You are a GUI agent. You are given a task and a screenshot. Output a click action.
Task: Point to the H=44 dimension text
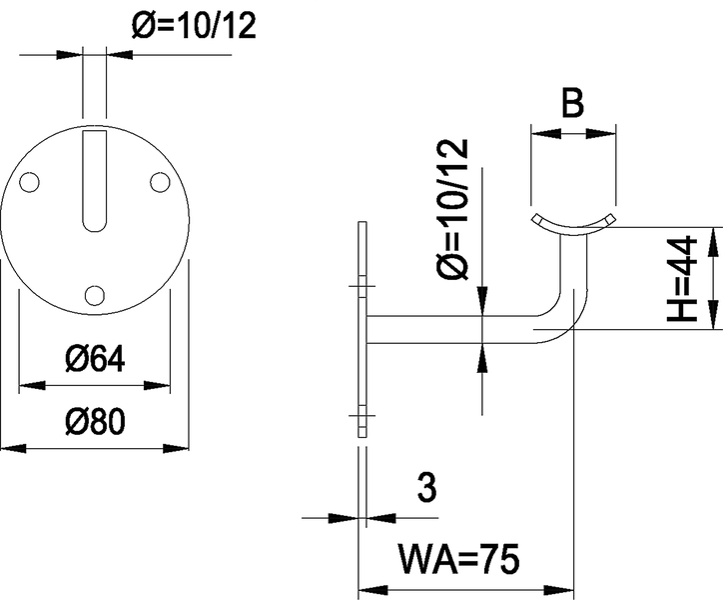682,279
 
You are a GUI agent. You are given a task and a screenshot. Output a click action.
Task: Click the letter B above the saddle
572,105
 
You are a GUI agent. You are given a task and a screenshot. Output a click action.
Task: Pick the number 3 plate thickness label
425,489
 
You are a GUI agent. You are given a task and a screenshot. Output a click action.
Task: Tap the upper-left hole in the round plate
31,182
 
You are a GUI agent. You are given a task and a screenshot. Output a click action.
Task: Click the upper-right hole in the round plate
159,182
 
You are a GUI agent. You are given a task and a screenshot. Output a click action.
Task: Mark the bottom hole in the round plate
95,294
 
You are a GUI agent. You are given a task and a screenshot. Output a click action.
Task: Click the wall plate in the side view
361,330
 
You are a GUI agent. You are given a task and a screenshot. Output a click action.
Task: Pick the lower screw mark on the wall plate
361,415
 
